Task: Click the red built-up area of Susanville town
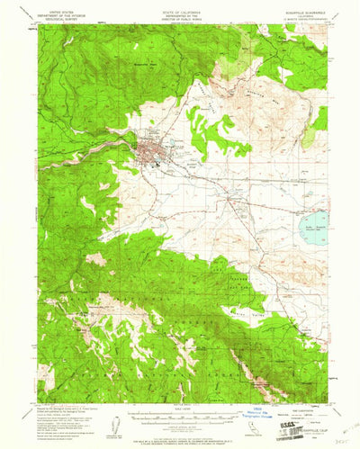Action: pyautogui.click(x=148, y=145)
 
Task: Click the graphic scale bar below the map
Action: pyautogui.click(x=180, y=391)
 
